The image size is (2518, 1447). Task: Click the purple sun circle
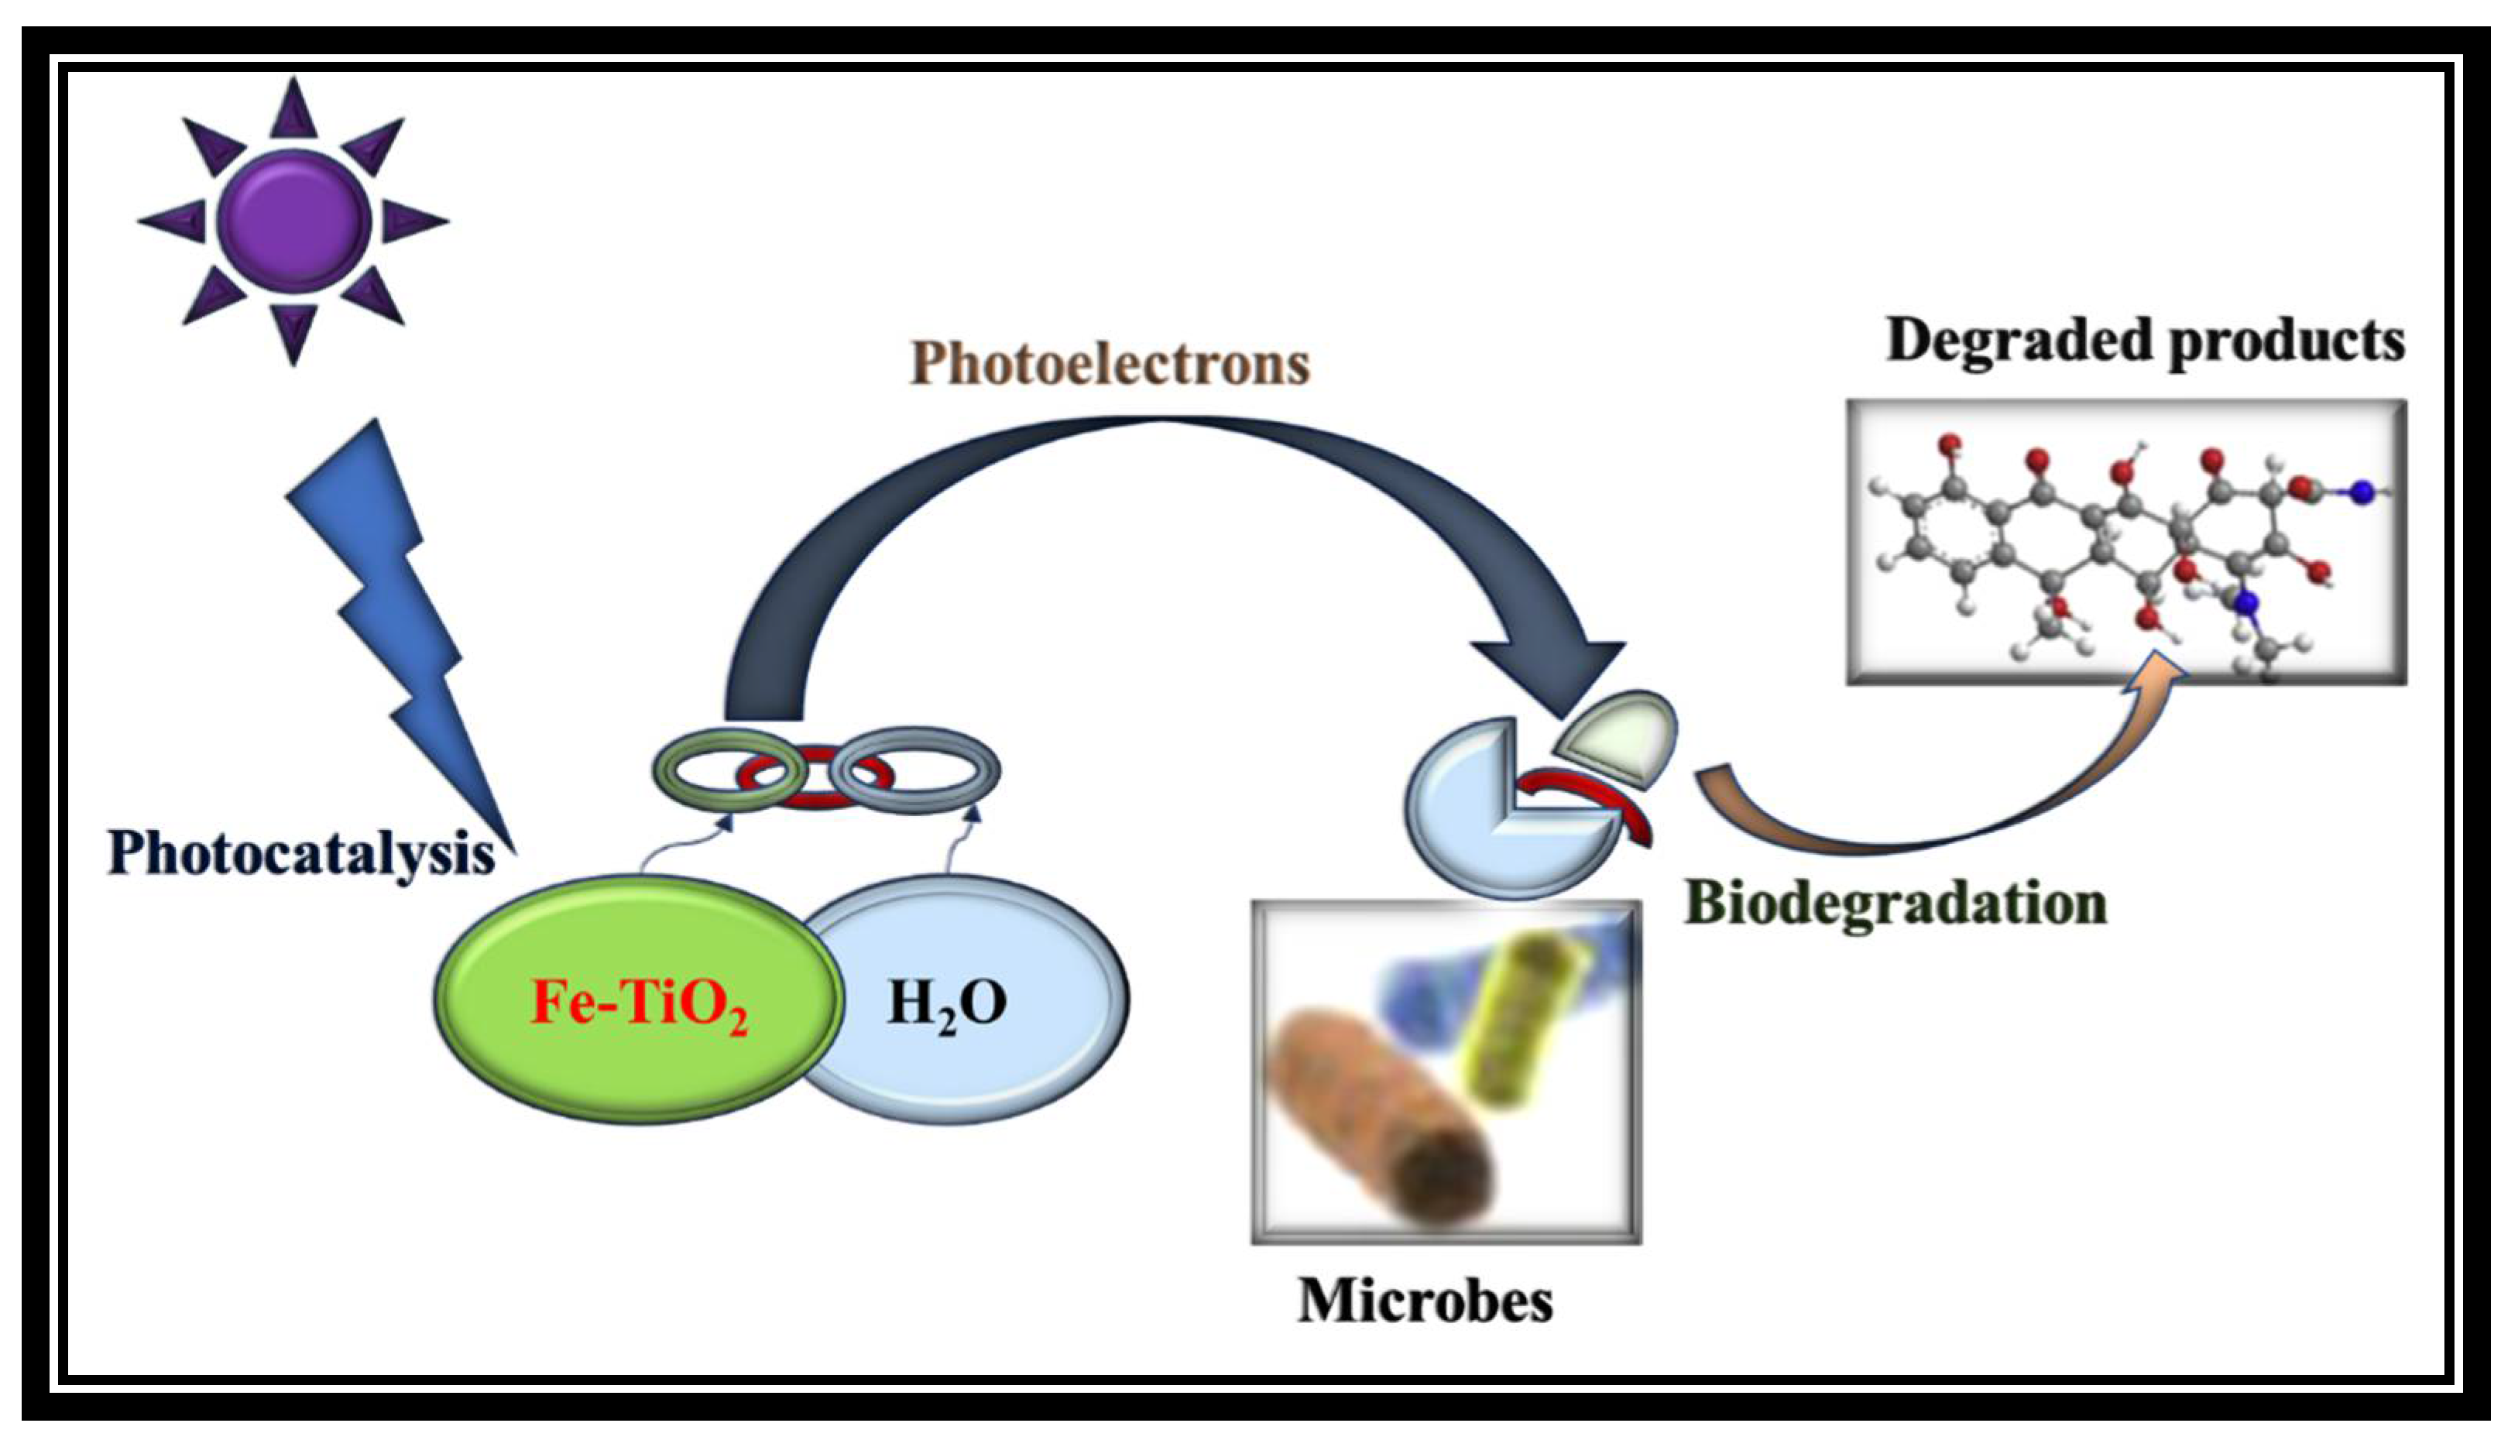click(x=293, y=221)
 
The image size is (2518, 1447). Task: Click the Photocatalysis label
click(x=300, y=852)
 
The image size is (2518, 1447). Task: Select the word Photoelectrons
click(x=1110, y=364)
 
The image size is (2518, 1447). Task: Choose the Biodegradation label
click(x=1895, y=904)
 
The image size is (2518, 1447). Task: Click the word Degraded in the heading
click(x=2017, y=341)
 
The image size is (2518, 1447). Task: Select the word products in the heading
click(x=2286, y=341)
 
